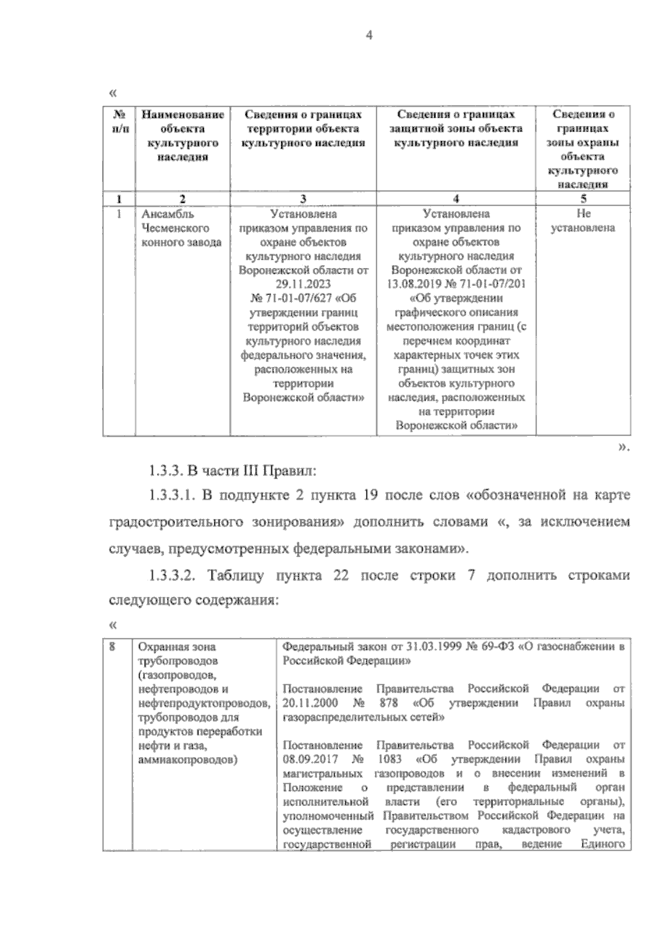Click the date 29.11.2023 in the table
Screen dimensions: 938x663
[303, 284]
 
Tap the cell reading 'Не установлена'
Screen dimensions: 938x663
[583, 221]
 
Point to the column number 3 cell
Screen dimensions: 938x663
[303, 199]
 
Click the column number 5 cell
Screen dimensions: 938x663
[583, 199]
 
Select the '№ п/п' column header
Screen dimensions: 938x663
[119, 122]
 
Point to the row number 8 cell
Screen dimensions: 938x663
[112, 646]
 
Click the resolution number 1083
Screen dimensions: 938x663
[390, 759]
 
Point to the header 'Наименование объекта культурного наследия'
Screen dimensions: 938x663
[183, 135]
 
